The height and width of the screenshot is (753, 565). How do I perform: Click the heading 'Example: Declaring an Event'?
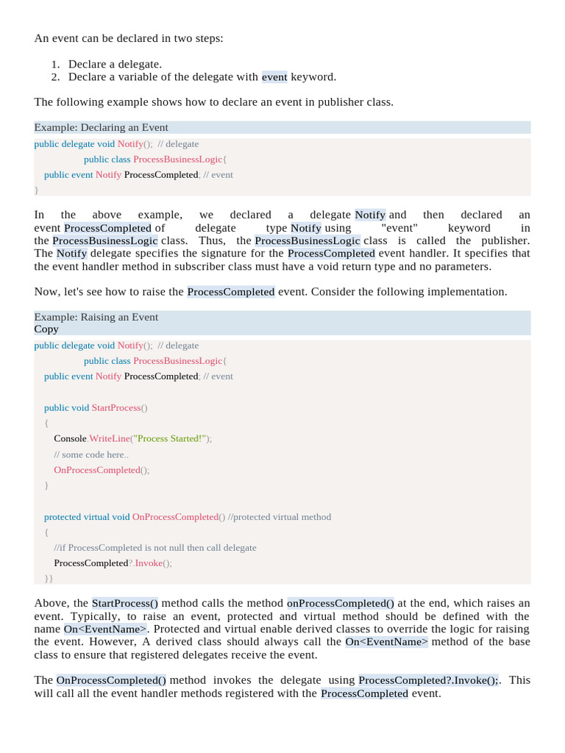coord(101,127)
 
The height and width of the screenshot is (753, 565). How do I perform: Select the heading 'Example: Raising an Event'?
coord(96,317)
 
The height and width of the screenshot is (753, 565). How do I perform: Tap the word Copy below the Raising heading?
coord(46,329)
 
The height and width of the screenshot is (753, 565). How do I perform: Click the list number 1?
coord(56,64)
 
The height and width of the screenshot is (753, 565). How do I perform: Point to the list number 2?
coord(56,76)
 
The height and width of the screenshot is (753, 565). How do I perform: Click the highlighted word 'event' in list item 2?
coord(274,76)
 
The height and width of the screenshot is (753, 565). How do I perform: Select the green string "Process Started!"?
coord(171,438)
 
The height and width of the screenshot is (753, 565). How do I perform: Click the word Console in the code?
coord(71,438)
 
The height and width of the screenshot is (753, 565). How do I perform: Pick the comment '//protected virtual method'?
coord(280,516)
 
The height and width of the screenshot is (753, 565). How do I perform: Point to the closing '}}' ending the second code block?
coord(49,579)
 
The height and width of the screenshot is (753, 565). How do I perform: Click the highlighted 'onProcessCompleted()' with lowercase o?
coord(341,603)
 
